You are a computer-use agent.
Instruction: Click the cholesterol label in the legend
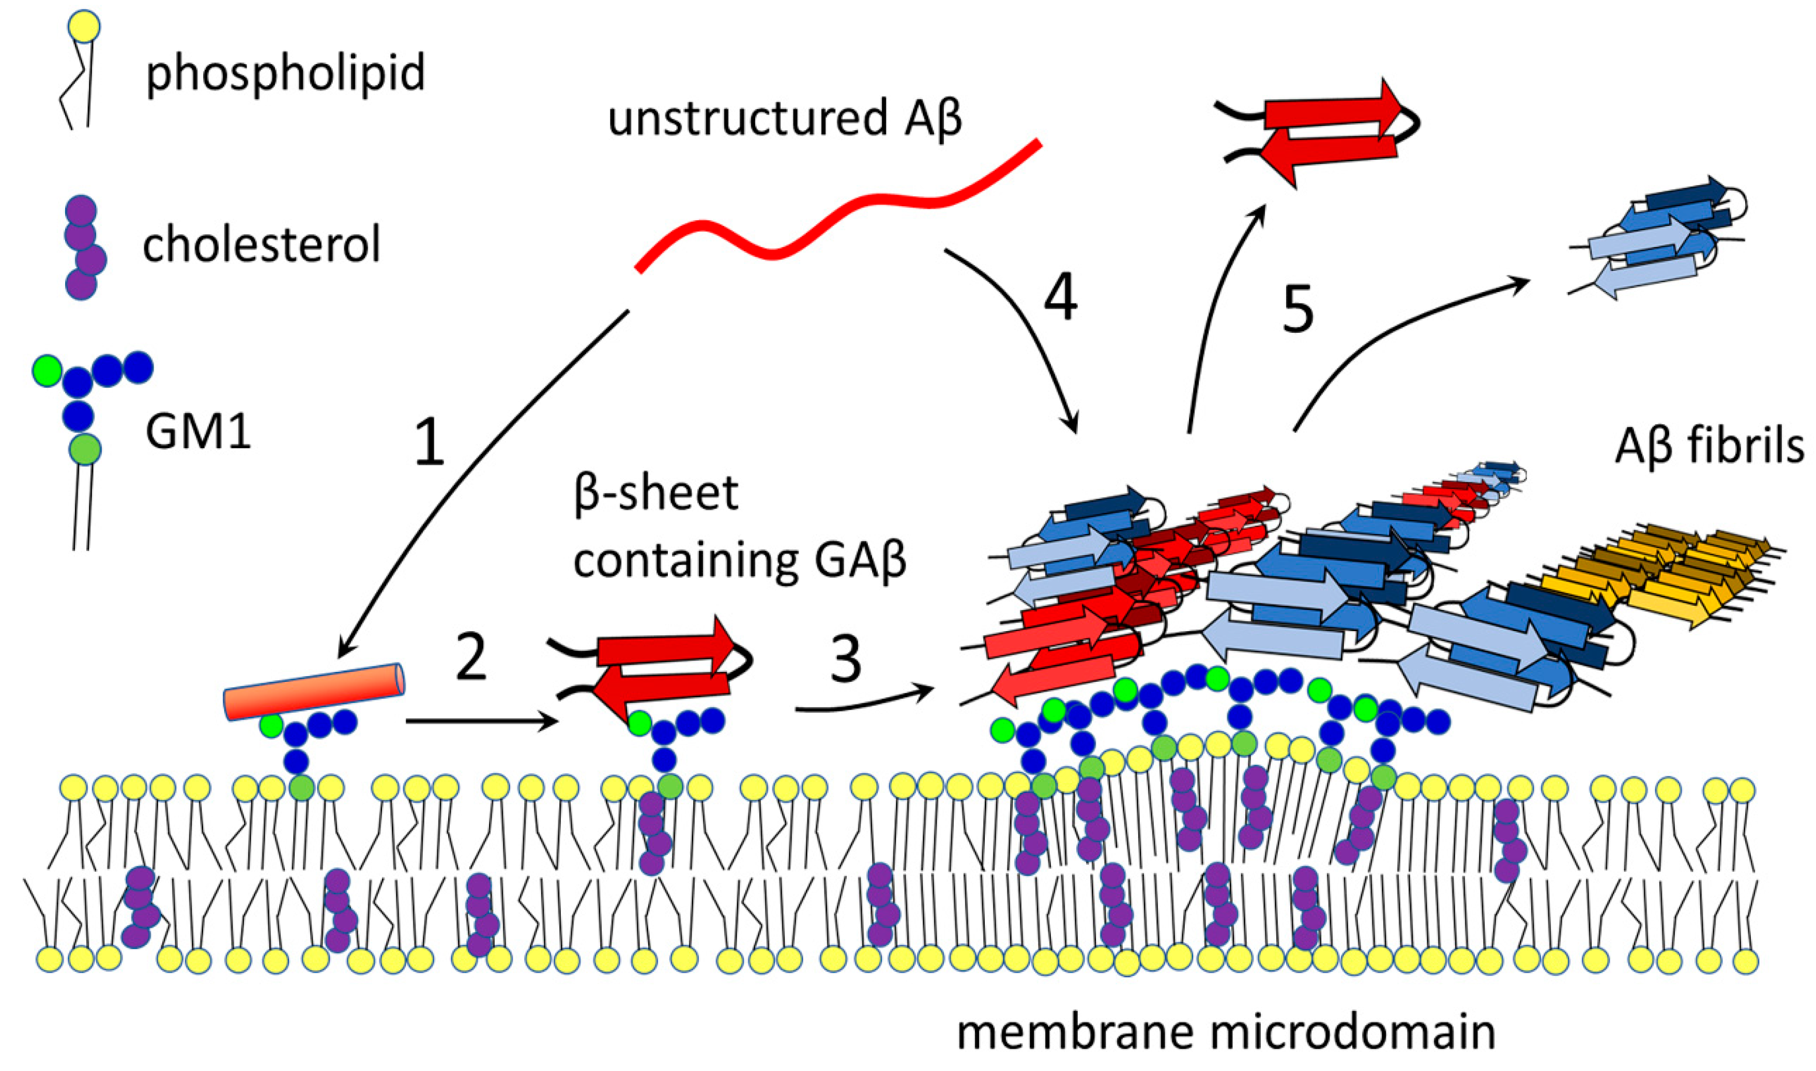261,246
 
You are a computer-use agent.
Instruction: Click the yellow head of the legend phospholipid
83,27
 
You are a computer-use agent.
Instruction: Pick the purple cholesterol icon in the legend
82,247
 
